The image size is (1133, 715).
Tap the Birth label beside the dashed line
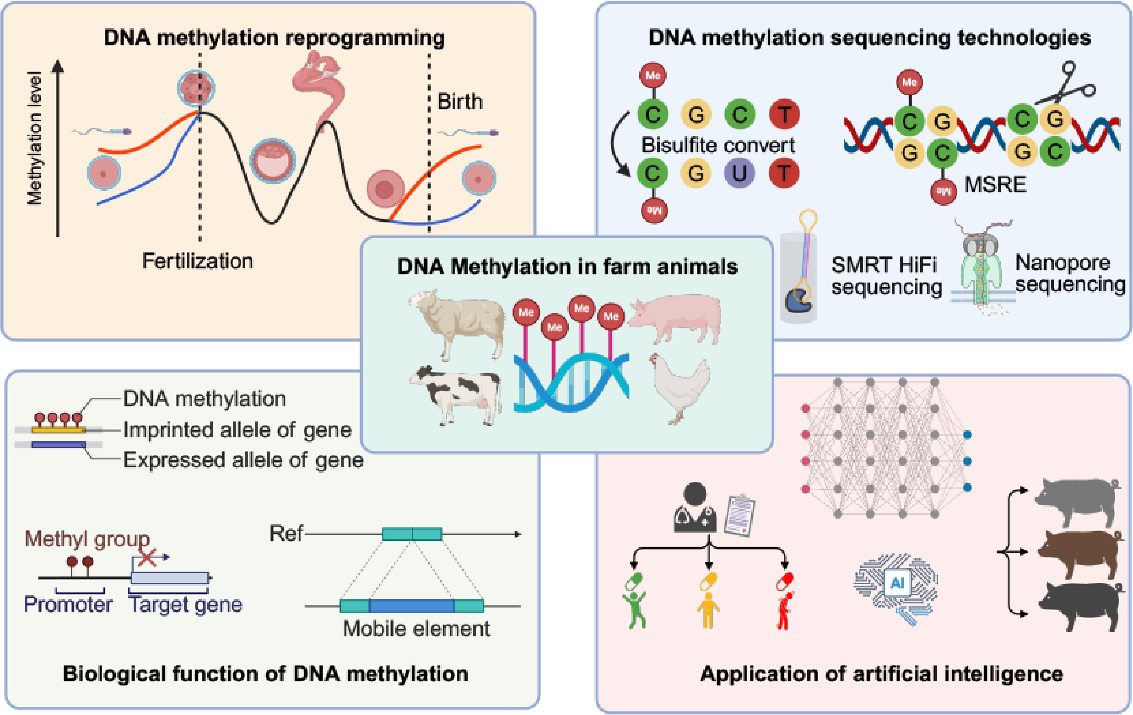(x=460, y=102)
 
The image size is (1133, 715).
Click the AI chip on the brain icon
(x=897, y=583)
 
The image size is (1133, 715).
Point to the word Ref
(x=286, y=534)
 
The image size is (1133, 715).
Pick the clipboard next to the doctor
(x=740, y=515)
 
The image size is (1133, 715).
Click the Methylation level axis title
(x=34, y=138)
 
